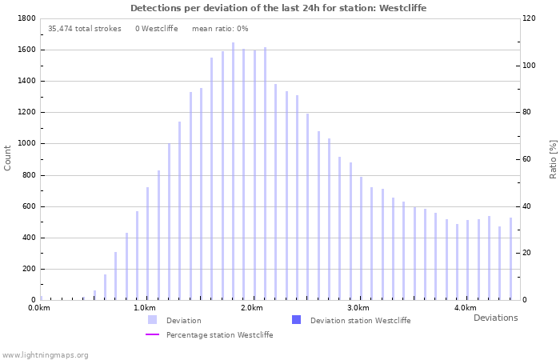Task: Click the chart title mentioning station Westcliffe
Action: coord(278,8)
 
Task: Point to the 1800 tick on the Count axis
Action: coord(26,18)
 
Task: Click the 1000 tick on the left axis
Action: coord(26,144)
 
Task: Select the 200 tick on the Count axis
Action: coord(29,270)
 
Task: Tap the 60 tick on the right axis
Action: coord(527,159)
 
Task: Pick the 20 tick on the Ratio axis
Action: coord(527,254)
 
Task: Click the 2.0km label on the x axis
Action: coord(252,308)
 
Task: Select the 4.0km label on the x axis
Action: coord(466,308)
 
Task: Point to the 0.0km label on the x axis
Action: coord(39,308)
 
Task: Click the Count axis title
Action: coord(8,158)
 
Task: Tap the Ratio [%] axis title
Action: coord(553,158)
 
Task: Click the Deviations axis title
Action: coord(495,318)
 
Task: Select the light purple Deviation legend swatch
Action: coord(152,320)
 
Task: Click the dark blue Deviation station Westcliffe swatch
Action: coord(296,320)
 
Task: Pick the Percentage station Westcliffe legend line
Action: coord(152,335)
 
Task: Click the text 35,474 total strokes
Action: coord(84,29)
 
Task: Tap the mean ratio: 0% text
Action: coord(220,29)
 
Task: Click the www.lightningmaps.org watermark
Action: coord(46,354)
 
